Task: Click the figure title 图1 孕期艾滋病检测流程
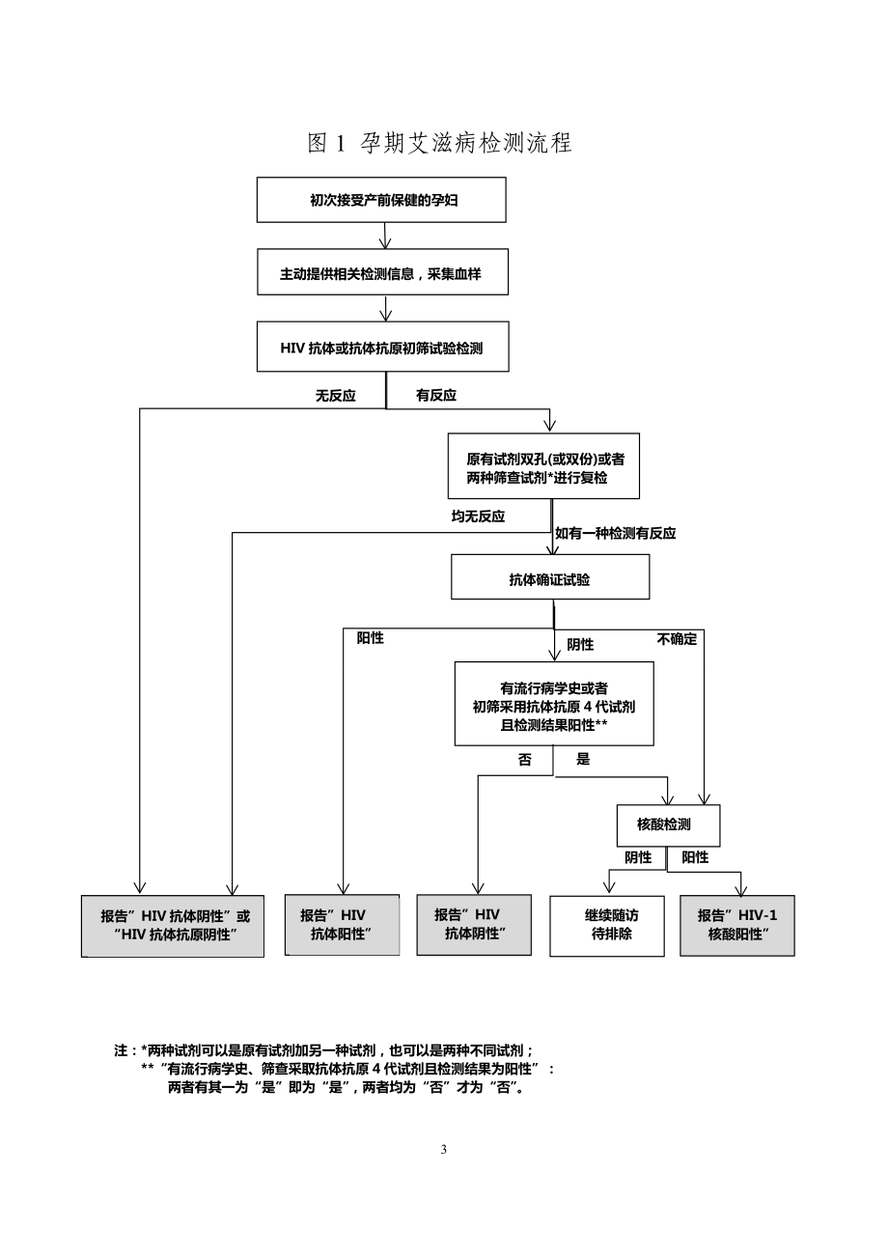tap(439, 144)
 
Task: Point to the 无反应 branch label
tap(336, 396)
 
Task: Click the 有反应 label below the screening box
tap(436, 396)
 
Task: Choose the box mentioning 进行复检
tap(543, 466)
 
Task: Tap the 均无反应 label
tap(478, 517)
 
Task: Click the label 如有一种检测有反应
tap(615, 533)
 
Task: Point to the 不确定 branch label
tap(677, 639)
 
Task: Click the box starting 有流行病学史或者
tap(553, 705)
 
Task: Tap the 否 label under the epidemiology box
tap(525, 760)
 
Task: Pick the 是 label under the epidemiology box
tap(583, 760)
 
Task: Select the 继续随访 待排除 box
tap(607, 926)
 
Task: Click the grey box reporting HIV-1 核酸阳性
tap(736, 926)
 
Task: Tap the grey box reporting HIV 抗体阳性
tap(342, 925)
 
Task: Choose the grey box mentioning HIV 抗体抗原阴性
tap(172, 926)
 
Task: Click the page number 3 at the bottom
tap(444, 1150)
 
